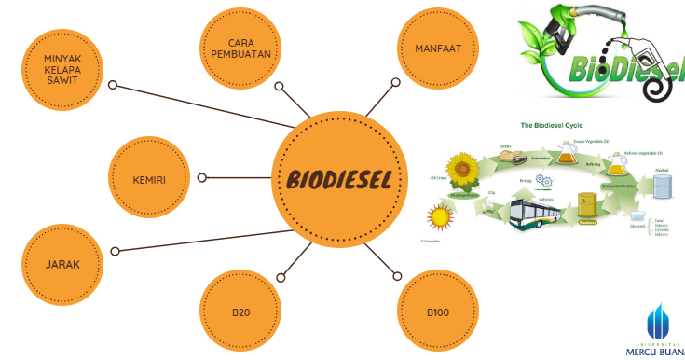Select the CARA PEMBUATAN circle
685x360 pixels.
(240, 48)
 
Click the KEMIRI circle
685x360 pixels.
(151, 177)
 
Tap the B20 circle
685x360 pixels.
(240, 312)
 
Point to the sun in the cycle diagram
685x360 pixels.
(439, 218)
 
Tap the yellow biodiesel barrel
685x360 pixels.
(586, 207)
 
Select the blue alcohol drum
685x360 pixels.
(662, 186)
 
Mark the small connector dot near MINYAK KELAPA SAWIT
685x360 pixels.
(113, 86)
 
